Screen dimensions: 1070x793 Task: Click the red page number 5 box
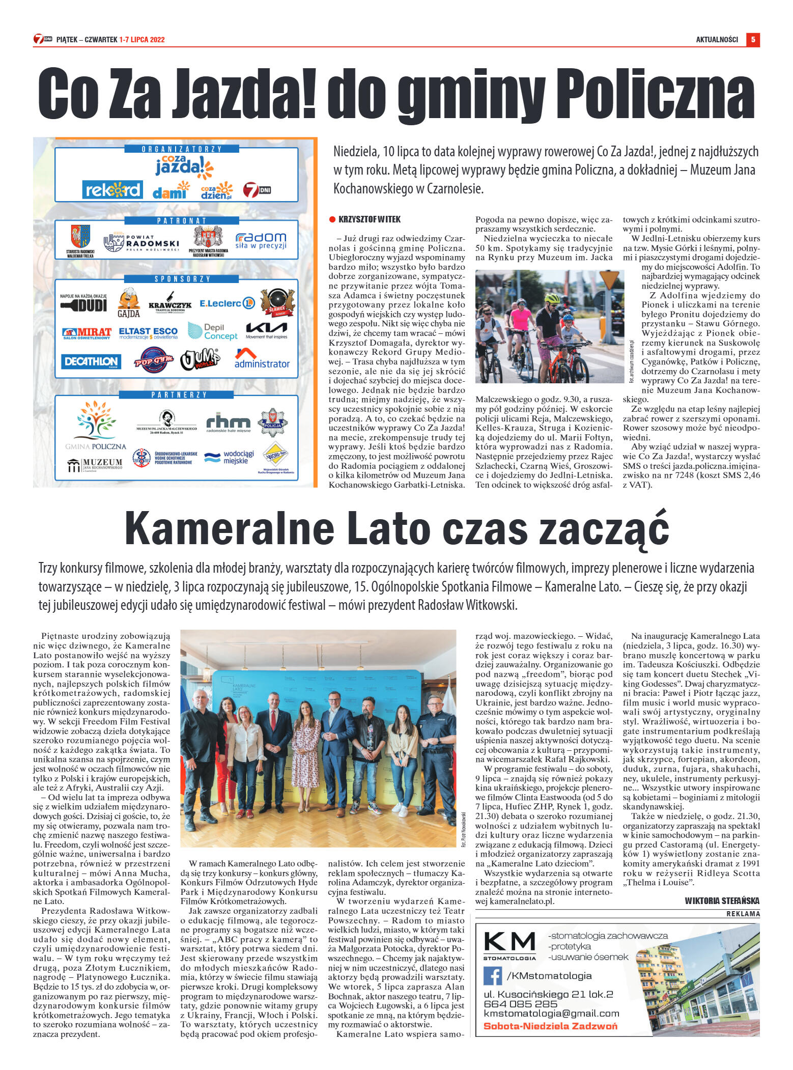click(752, 39)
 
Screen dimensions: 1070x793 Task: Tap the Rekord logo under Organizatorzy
click(112, 190)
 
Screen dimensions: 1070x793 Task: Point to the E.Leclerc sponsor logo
click(227, 303)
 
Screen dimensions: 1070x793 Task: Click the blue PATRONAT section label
click(181, 220)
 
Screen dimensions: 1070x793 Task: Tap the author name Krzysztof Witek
click(370, 219)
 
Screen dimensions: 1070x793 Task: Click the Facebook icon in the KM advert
click(492, 975)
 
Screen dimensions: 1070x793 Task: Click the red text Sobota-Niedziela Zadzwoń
click(550, 1026)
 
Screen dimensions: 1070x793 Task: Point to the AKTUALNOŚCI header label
click(717, 39)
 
